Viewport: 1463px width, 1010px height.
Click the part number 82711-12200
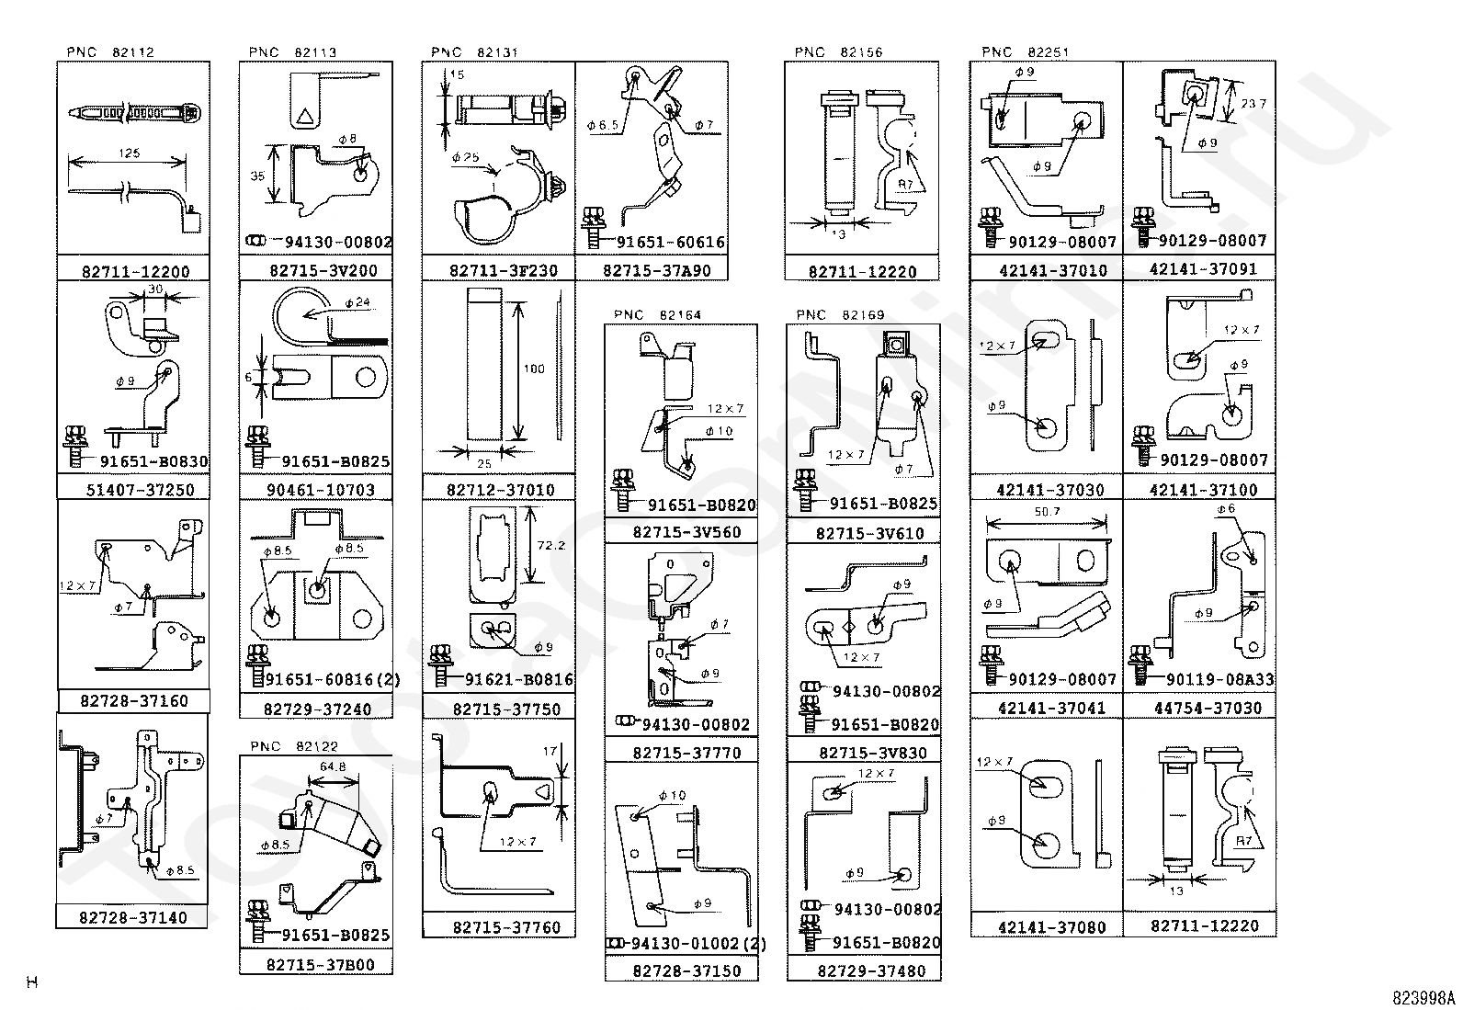pos(135,271)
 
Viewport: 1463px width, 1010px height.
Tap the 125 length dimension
pos(130,153)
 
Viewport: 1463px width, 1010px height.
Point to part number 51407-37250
pos(141,490)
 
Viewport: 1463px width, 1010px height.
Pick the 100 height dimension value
pos(533,369)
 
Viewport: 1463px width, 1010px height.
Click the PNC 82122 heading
pos(293,746)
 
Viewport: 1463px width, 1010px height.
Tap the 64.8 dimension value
pos(332,766)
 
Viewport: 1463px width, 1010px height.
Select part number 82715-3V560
pos(686,532)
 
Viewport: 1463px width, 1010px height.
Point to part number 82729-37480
pos(871,970)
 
